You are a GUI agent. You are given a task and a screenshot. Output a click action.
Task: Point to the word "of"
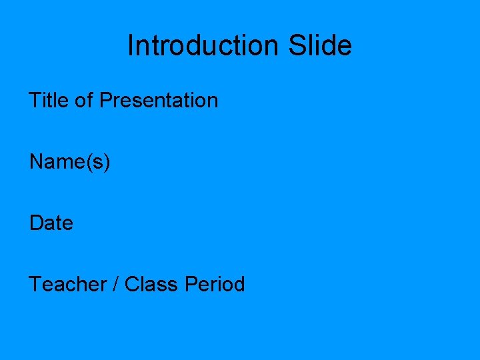[x=83, y=100]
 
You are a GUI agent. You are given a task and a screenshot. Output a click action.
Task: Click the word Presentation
[x=159, y=101]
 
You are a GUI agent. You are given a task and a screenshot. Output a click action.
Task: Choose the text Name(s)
[x=69, y=162]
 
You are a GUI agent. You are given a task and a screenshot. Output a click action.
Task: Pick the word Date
[x=51, y=223]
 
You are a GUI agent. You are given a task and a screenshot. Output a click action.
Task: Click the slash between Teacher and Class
[x=116, y=284]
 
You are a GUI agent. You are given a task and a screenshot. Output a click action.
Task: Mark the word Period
[x=215, y=284]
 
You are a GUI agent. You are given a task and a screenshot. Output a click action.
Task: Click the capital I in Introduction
[x=130, y=45]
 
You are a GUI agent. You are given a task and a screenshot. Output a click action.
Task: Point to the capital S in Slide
[x=297, y=45]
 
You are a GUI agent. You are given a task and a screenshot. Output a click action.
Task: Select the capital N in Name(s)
[x=36, y=161]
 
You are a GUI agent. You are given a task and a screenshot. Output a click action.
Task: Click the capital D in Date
[x=36, y=223]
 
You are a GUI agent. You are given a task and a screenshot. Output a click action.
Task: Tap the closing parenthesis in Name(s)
[x=107, y=163]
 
